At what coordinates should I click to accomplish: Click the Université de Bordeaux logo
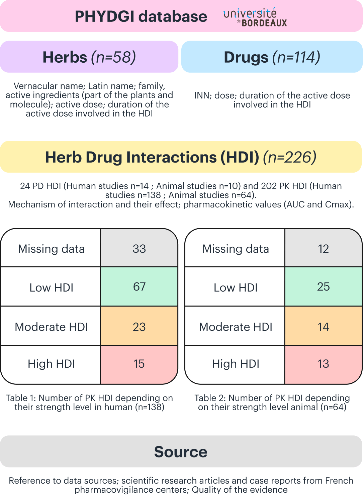point(255,17)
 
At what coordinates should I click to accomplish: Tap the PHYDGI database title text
point(141,16)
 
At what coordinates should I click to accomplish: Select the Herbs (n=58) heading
point(89,57)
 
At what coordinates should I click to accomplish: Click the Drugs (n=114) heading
point(272,57)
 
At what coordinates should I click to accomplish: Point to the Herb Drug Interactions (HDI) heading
point(181,157)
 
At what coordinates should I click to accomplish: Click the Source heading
point(181,452)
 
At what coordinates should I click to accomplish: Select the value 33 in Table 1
point(139,249)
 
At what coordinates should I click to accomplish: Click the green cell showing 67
point(139,287)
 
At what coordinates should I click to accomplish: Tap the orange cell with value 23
point(139,327)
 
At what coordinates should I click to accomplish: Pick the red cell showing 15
point(139,364)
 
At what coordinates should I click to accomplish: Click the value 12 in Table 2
point(324,249)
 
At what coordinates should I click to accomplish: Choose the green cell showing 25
point(324,287)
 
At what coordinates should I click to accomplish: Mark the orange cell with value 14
point(324,327)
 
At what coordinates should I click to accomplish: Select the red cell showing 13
point(324,364)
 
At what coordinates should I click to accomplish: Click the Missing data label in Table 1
point(51,249)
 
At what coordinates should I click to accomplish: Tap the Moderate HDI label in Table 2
point(236,327)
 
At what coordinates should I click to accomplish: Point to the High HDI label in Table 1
point(51,364)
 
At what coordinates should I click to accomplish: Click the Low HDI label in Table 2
point(236,288)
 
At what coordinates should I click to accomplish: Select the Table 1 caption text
point(89,403)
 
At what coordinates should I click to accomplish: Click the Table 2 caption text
point(272,403)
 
